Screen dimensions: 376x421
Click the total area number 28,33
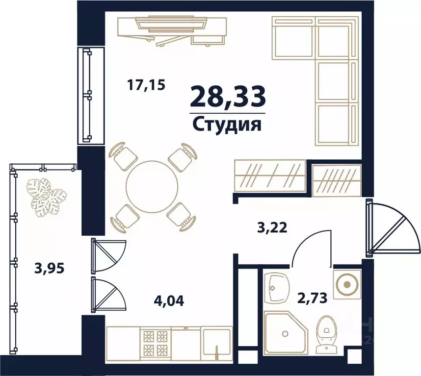[x=228, y=96]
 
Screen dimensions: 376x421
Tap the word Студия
[x=226, y=124]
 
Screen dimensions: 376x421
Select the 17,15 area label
[x=146, y=85]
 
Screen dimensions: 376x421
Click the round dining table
[x=152, y=186]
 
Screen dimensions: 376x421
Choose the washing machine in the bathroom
[x=347, y=283]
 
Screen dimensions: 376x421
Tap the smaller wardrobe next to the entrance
[x=337, y=179]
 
